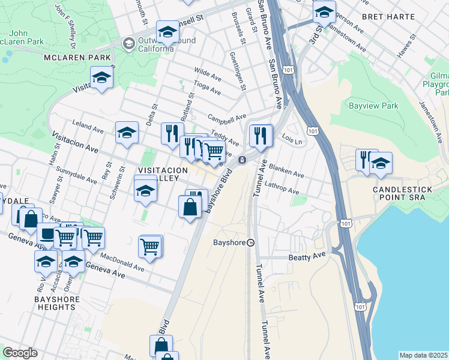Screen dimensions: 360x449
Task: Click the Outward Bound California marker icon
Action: coord(128,43)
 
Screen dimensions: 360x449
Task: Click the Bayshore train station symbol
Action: coord(251,242)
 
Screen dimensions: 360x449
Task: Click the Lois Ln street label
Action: coord(291,139)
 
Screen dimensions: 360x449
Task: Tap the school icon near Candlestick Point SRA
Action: coord(381,163)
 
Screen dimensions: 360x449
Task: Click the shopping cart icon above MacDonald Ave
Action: coord(149,245)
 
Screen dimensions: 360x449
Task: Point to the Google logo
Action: coord(20,353)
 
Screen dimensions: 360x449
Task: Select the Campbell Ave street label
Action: coord(227,116)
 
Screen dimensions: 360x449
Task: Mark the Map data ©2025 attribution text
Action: coord(424,355)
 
